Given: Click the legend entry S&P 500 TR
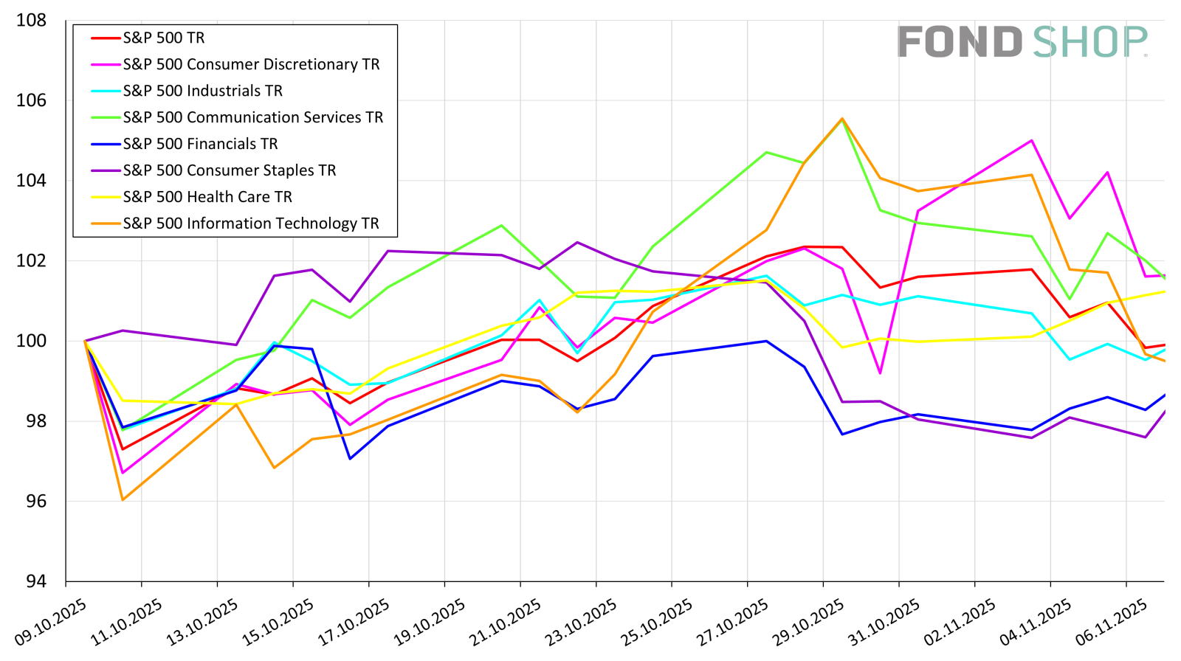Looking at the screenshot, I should tap(163, 38).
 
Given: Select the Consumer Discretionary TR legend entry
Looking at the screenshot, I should tap(251, 64).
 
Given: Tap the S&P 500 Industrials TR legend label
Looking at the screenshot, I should tap(202, 91).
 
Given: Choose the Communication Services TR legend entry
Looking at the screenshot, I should tap(252, 117).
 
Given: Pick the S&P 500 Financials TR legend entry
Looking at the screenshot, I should tap(200, 144).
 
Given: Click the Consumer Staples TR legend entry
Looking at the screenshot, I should tap(229, 170).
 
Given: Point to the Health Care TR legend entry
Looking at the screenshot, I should tap(207, 197).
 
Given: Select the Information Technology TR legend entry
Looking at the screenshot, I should tap(250, 224).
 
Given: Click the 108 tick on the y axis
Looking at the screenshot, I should tap(31, 20).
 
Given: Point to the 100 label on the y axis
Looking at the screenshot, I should tap(31, 341).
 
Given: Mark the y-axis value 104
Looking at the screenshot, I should tap(31, 180).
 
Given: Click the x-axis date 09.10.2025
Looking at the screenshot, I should tap(50, 622).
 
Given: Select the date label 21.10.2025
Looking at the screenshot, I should tap(505, 622).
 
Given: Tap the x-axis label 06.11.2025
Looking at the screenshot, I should tap(1111, 622).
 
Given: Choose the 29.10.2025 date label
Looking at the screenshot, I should tap(808, 622).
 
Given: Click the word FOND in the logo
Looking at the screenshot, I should tap(959, 42).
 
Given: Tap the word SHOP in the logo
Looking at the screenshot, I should tap(1089, 42).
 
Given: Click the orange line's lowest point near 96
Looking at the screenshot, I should tap(123, 500).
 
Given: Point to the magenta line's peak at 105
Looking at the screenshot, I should tap(1030, 140).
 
